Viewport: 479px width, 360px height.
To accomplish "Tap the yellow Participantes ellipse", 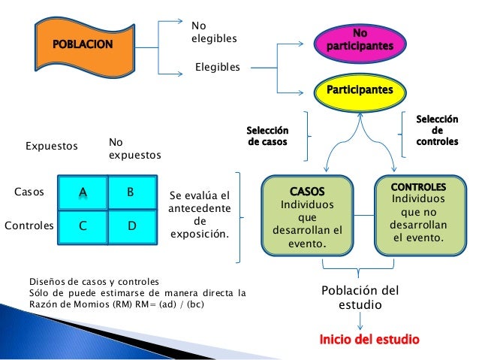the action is click(x=360, y=90).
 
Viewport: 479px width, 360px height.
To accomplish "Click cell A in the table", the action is click(x=83, y=192).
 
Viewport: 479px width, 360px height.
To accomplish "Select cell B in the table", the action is click(x=131, y=192).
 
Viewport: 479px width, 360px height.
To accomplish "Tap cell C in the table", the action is click(x=83, y=224).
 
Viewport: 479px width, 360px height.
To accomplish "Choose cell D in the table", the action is click(x=131, y=224).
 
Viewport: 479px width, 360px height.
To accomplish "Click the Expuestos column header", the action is click(x=52, y=147).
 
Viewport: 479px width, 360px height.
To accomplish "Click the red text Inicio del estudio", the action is click(x=369, y=339).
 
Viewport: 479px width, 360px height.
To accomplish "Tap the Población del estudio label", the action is click(x=360, y=298).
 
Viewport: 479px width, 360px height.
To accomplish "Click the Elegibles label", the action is click(x=218, y=68).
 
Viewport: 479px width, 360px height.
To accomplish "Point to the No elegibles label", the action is click(x=214, y=32).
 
